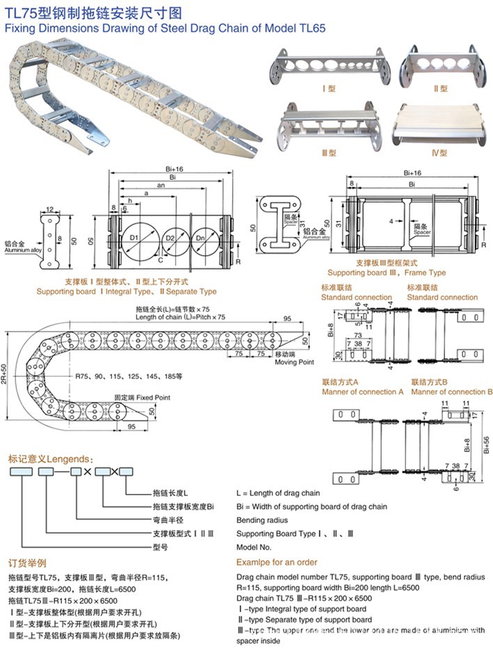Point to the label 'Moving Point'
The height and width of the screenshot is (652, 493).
point(295,362)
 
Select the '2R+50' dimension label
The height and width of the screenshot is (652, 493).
point(13,377)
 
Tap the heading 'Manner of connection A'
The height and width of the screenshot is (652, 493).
point(362,392)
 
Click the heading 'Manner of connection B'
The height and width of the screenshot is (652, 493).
point(451,392)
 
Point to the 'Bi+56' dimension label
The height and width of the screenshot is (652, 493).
point(487,442)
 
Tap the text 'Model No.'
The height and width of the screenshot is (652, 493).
point(254,548)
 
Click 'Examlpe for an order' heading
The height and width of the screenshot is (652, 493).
point(276,562)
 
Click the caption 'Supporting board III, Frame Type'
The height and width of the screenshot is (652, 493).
point(386,273)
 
